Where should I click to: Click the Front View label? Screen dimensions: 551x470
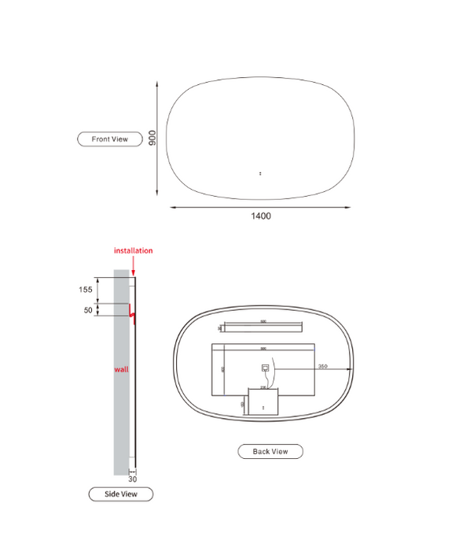[109, 139]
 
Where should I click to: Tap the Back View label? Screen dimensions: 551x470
[270, 451]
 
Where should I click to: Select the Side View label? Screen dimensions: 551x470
[120, 494]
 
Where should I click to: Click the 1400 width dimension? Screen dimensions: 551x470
[261, 216]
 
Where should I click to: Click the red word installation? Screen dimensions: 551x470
[134, 250]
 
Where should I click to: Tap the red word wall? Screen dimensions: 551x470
[121, 368]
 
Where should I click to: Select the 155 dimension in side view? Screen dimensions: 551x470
[86, 290]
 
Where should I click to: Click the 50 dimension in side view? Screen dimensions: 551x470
[87, 310]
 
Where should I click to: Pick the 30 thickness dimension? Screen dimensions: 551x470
[132, 478]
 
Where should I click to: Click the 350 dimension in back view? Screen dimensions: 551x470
[322, 366]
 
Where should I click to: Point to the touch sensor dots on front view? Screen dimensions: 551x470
[260, 173]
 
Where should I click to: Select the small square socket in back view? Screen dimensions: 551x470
[265, 366]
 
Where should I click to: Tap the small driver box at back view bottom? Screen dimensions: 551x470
[263, 401]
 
